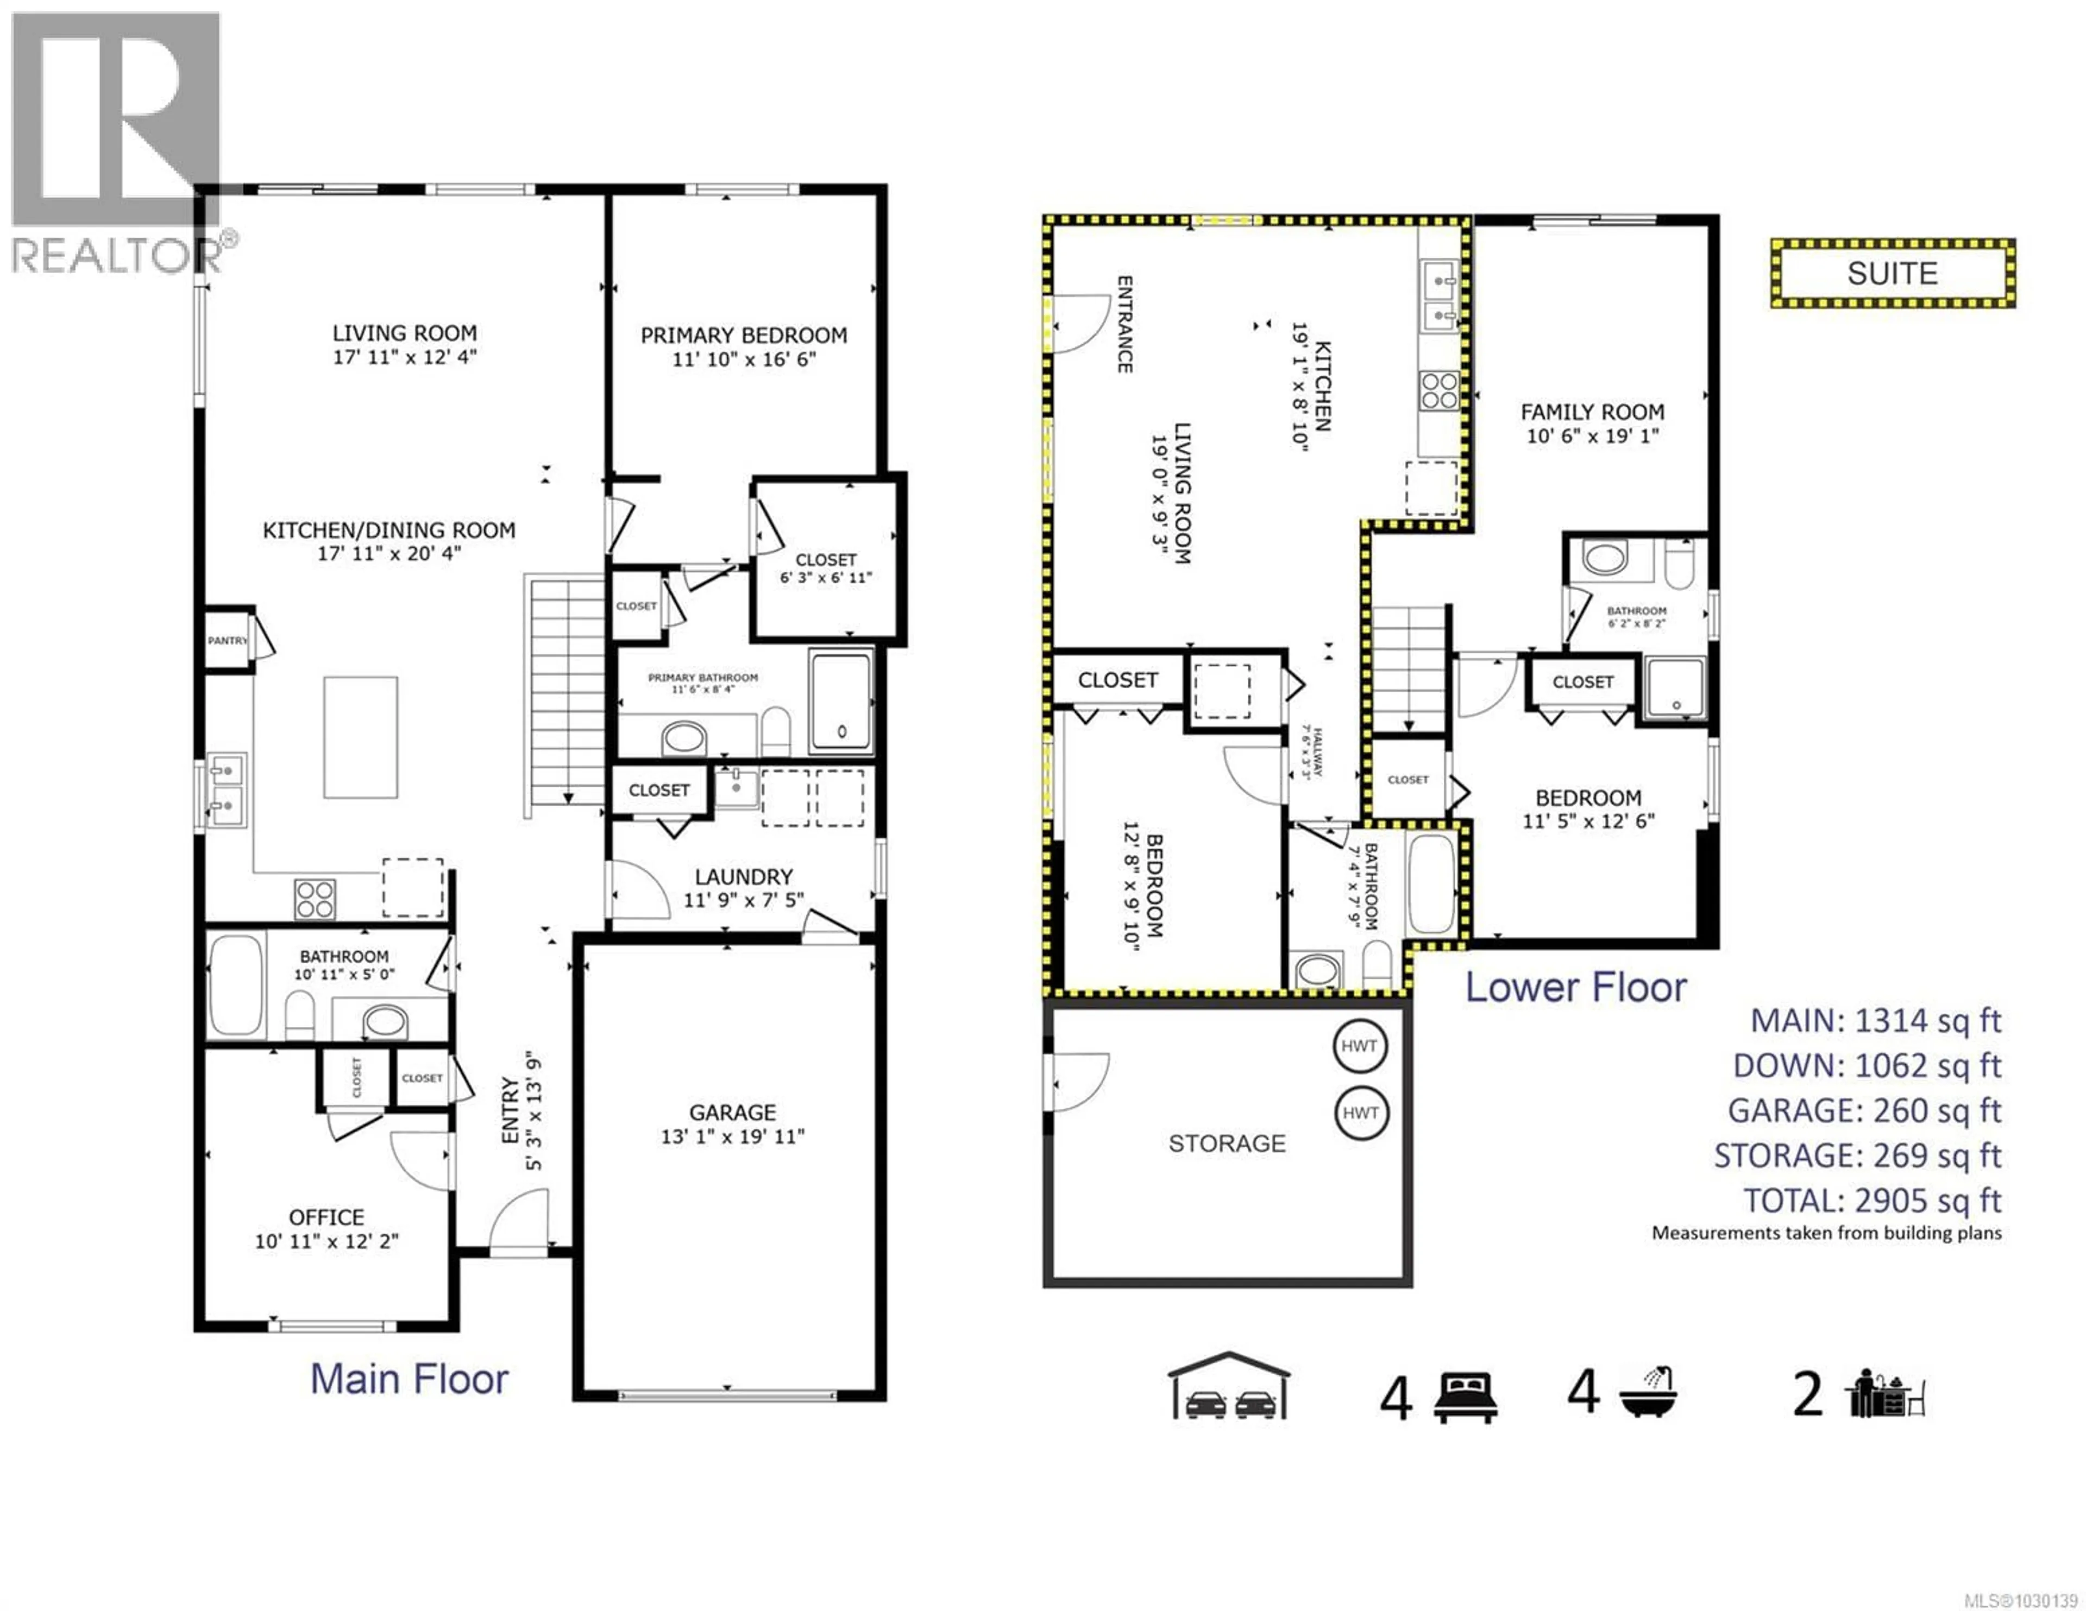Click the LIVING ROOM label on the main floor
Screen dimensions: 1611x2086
[404, 333]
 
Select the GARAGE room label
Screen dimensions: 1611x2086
[733, 1113]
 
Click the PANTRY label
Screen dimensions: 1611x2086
[227, 641]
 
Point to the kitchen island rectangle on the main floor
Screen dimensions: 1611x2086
[360, 737]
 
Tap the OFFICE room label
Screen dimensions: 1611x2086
[326, 1217]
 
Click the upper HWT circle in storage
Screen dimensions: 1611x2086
[1359, 1046]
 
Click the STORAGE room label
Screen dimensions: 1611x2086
[1227, 1143]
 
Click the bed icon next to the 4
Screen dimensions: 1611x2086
[1465, 1398]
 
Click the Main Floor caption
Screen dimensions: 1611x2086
[409, 1379]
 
